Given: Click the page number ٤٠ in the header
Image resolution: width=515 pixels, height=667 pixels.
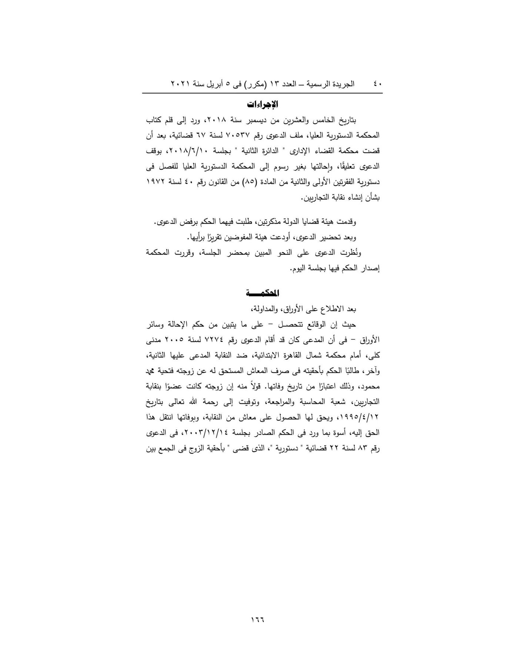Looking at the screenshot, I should click(x=377, y=84).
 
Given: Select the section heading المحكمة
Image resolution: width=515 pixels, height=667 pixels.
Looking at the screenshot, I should click(x=262, y=293).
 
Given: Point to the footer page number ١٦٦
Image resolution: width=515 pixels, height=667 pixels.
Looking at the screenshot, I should click(x=258, y=618).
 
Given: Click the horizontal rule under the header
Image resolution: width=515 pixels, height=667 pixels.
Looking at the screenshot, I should click(x=262, y=93).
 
